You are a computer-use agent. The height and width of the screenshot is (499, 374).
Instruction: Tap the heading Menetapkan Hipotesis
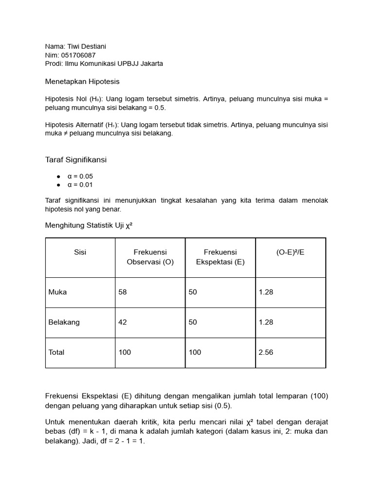point(82,81)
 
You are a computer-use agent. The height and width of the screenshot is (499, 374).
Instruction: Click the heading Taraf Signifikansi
point(75,159)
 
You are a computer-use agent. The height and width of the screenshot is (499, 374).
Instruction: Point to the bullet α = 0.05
point(80,176)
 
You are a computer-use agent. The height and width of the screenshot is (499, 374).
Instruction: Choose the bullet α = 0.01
point(80,185)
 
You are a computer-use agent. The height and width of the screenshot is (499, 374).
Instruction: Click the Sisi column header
point(80,252)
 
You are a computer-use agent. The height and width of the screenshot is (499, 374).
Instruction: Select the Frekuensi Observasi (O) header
point(150,257)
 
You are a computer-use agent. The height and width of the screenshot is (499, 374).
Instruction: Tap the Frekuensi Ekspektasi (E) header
point(220,257)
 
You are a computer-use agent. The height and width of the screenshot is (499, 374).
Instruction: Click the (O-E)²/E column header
point(290,252)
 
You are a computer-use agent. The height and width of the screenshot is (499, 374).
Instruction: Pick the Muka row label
point(58,292)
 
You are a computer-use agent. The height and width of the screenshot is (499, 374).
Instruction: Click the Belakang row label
point(64,322)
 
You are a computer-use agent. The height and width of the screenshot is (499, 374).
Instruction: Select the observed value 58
point(123,292)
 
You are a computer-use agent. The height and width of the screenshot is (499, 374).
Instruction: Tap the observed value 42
point(123,322)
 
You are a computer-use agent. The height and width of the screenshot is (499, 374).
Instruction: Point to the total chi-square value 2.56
point(266,352)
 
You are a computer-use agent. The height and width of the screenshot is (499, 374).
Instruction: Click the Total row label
point(56,352)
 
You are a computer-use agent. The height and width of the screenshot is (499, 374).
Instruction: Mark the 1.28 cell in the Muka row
point(266,292)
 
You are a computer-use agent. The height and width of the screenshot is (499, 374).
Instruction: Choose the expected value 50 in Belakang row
point(193,322)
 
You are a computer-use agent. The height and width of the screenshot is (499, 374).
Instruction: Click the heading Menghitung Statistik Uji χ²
point(89,225)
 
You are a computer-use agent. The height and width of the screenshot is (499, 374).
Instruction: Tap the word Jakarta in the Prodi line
point(151,64)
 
